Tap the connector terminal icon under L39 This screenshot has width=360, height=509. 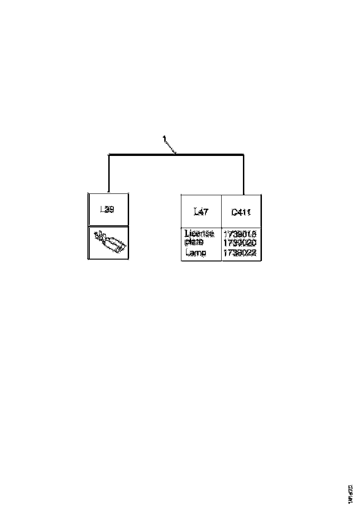point(109,242)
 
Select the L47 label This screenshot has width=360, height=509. point(201,212)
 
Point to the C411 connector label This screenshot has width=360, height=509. point(241,212)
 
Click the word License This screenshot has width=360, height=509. point(199,234)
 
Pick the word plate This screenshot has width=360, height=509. point(193,242)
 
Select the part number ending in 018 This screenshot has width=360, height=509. point(240,234)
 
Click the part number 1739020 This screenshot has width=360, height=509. point(240,243)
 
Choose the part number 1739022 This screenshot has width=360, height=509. point(240,253)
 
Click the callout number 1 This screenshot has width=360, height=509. point(164,138)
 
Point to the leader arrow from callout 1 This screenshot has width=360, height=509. point(171,147)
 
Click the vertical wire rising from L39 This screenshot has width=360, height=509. point(108,174)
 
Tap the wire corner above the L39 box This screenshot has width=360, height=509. point(108,155)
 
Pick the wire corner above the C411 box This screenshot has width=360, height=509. point(243,155)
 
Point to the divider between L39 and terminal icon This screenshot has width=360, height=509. point(108,226)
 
